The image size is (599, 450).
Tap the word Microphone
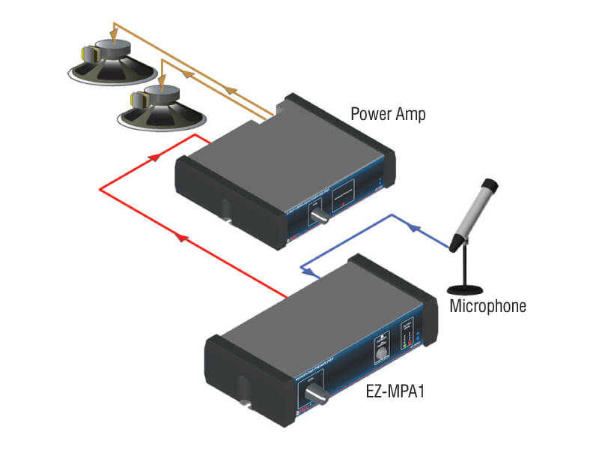click(x=487, y=306)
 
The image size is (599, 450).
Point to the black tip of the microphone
click(x=490, y=184)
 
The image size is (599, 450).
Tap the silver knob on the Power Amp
click(x=318, y=217)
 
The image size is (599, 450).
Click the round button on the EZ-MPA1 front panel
click(x=383, y=352)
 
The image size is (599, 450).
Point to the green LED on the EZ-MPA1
click(x=404, y=343)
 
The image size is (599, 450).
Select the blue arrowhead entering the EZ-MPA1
click(x=305, y=268)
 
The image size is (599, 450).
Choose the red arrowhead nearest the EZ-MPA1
click(x=181, y=237)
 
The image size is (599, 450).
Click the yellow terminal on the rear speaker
click(x=89, y=54)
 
